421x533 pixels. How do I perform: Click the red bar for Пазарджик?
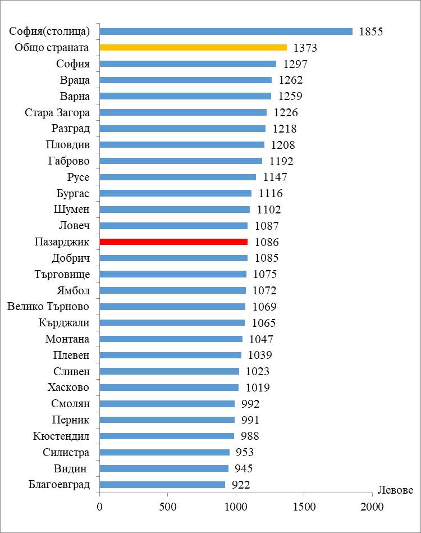tap(173, 242)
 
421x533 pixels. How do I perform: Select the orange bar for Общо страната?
tap(193, 48)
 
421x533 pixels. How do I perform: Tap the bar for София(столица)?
tap(226, 31)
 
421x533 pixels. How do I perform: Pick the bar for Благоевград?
tap(162, 485)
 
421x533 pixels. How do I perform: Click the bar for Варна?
tap(185, 96)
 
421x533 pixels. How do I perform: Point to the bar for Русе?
tap(177, 177)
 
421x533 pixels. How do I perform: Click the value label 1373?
tap(305, 48)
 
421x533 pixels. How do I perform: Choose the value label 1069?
tap(265, 307)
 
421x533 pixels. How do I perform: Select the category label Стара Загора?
tap(57, 112)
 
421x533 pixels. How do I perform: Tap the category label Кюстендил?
tap(61, 436)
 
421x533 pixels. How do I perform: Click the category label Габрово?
tap(69, 161)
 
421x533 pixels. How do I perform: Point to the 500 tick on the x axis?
tap(167, 507)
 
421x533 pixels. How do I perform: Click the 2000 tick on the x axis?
tap(372, 507)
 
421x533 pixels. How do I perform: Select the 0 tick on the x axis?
tap(99, 507)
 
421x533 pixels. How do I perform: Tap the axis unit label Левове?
tap(395, 490)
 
